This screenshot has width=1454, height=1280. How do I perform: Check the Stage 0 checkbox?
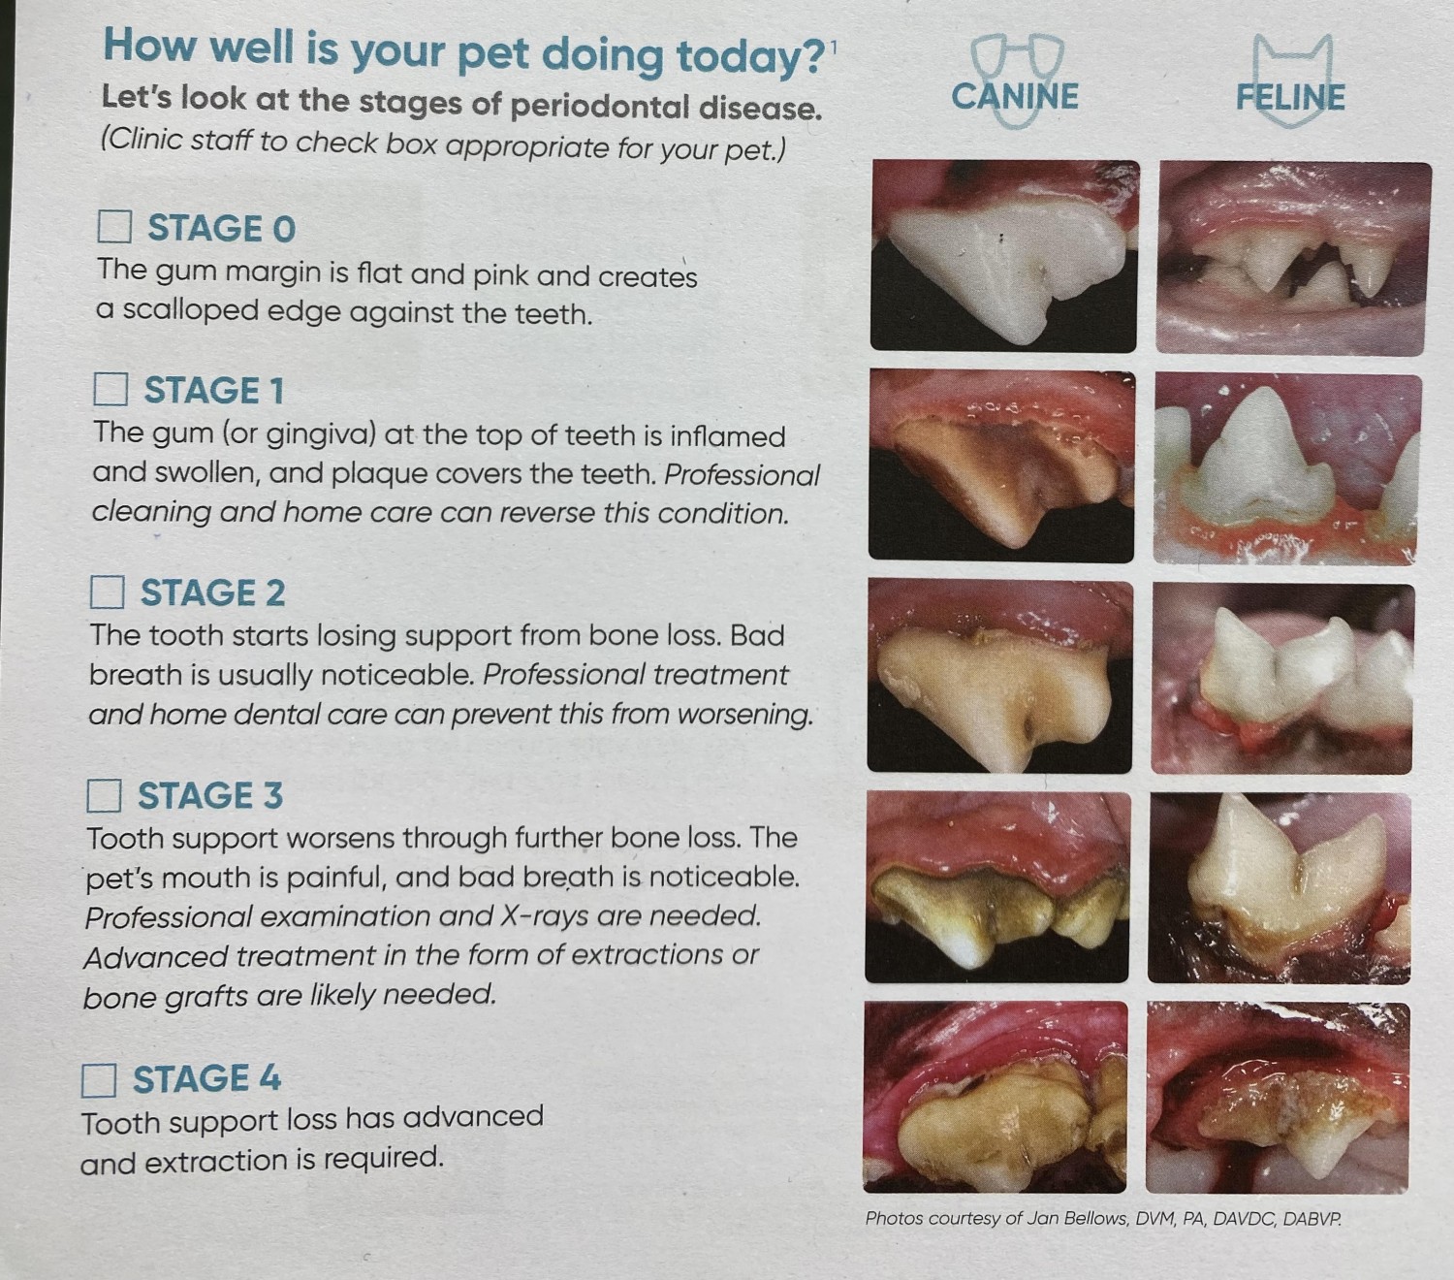coord(114,227)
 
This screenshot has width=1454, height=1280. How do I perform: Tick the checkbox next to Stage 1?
coord(111,389)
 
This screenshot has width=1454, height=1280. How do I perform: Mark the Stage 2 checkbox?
coord(108,592)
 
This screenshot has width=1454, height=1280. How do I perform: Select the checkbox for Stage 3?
coord(104,795)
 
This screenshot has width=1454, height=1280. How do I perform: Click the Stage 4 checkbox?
coord(99,1079)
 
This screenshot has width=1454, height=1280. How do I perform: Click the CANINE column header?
coord(1015,96)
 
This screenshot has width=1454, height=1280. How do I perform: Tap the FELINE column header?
coord(1290,97)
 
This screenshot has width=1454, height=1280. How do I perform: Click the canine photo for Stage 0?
coord(1004,256)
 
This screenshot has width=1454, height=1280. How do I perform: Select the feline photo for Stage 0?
coord(1293,258)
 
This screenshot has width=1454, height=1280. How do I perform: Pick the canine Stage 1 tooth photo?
coord(1001,465)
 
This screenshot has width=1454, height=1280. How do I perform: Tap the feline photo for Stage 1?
coord(1287,469)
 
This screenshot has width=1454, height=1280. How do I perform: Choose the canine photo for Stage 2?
coord(999,676)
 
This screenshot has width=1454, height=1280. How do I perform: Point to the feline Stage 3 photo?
coord(1280,887)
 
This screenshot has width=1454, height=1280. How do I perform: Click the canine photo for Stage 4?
coord(996,1097)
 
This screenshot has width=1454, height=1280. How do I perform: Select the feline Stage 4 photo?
coord(1278,1098)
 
